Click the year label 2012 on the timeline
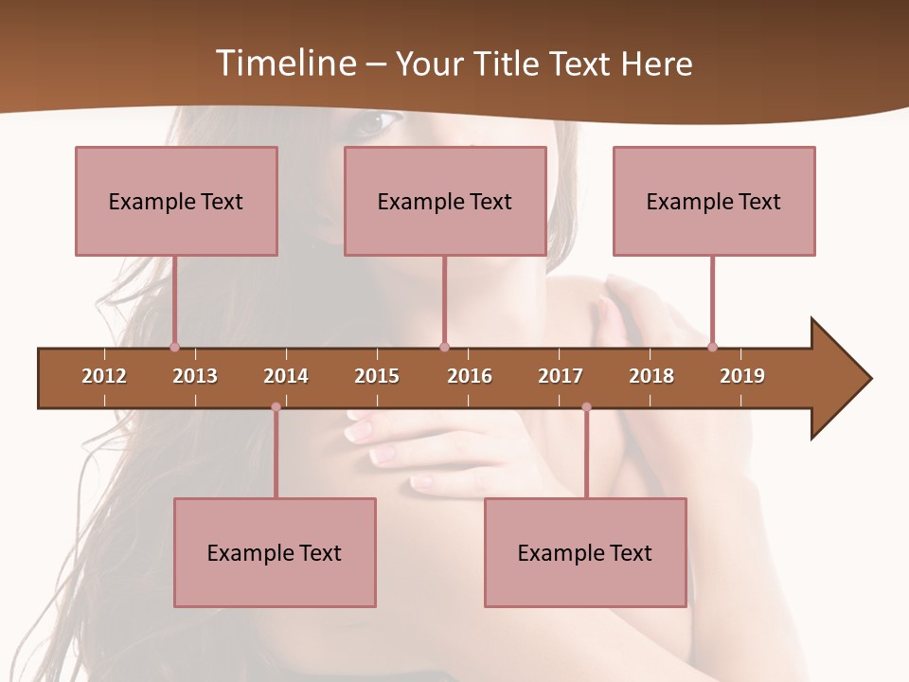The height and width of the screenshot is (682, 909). click(104, 376)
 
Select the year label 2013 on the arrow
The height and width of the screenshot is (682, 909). click(195, 376)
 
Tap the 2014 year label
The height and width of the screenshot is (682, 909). click(286, 376)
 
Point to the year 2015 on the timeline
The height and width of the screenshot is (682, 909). click(377, 376)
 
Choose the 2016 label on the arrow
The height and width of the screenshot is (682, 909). click(470, 376)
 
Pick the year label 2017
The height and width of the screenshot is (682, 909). click(561, 376)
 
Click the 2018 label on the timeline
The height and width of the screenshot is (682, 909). click(651, 376)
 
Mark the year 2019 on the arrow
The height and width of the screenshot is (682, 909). click(742, 376)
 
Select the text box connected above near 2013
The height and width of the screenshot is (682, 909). click(176, 201)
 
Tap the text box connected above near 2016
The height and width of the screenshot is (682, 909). click(445, 201)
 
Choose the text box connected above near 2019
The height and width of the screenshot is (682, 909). click(714, 201)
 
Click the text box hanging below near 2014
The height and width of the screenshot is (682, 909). click(275, 552)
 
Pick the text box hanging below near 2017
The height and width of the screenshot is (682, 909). click(585, 552)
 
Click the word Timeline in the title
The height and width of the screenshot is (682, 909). click(284, 63)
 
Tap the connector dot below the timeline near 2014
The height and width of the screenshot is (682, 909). click(276, 407)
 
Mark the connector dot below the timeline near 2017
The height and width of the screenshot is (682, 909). click(586, 407)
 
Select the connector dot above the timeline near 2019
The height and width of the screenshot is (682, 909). click(712, 347)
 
